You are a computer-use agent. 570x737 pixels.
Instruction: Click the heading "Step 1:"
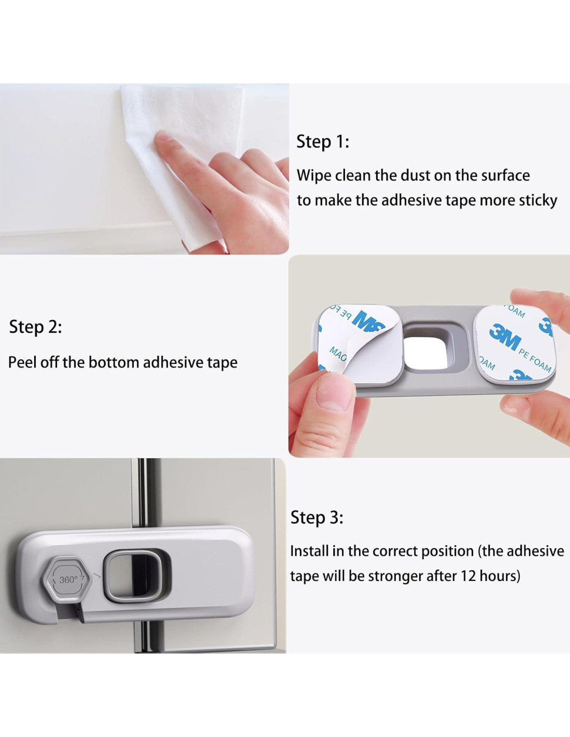(x=322, y=141)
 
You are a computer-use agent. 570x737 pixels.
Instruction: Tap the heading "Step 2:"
(x=36, y=327)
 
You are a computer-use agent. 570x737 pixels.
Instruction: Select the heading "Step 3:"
(x=317, y=518)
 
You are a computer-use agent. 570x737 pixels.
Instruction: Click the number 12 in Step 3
(x=468, y=576)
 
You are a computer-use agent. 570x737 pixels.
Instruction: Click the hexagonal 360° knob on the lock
(x=67, y=579)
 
